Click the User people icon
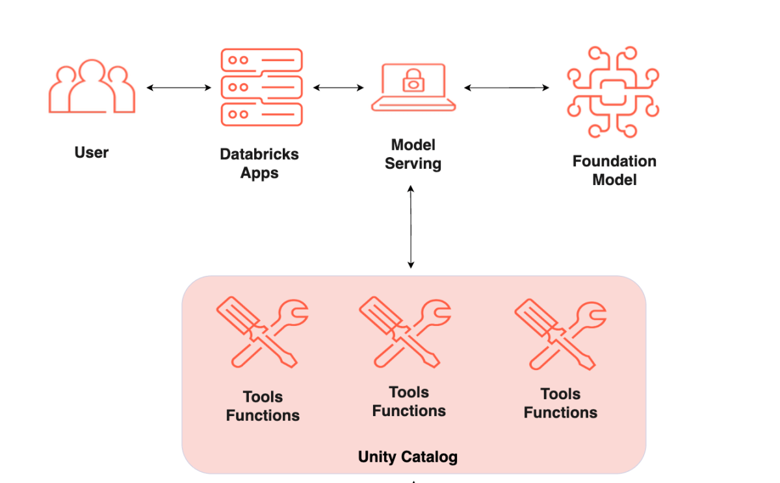click(x=92, y=89)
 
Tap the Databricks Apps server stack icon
click(x=261, y=87)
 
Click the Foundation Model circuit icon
click(x=612, y=92)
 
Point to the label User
click(x=92, y=153)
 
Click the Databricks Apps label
click(x=259, y=164)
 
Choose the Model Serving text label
click(x=413, y=155)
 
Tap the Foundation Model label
click(x=614, y=170)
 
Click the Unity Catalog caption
click(x=408, y=457)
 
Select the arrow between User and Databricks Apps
click(x=179, y=88)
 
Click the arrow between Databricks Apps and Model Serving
click(x=338, y=88)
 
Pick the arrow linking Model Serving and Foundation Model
click(x=506, y=88)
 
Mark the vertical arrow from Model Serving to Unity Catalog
click(x=411, y=226)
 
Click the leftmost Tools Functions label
click(x=263, y=406)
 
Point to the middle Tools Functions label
click(x=409, y=402)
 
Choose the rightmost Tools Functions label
click(x=560, y=404)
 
